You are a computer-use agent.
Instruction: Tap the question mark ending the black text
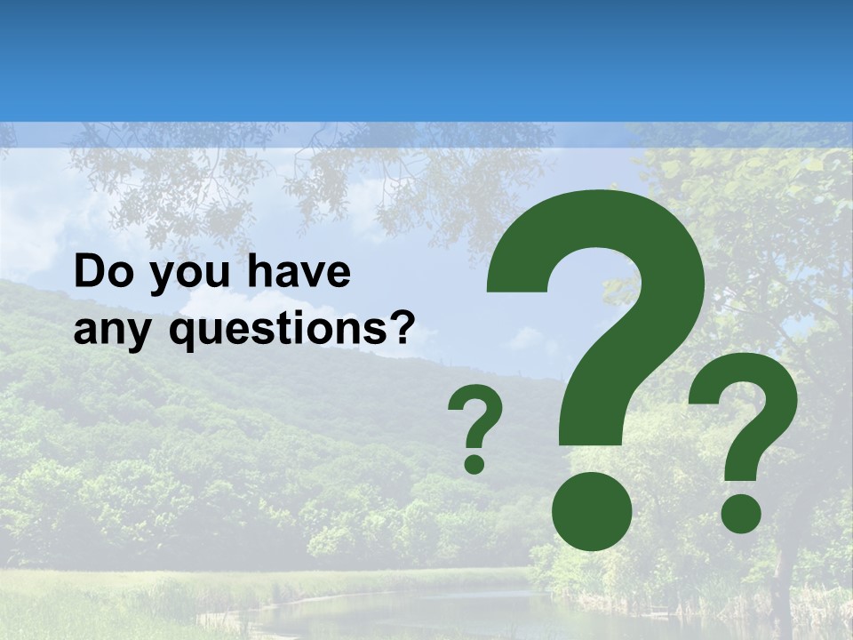[402, 326]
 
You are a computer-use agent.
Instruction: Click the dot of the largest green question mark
[592, 510]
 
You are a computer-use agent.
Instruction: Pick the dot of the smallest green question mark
[474, 463]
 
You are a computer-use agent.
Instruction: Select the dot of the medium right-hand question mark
[740, 513]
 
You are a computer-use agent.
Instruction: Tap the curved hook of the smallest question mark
[477, 412]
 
